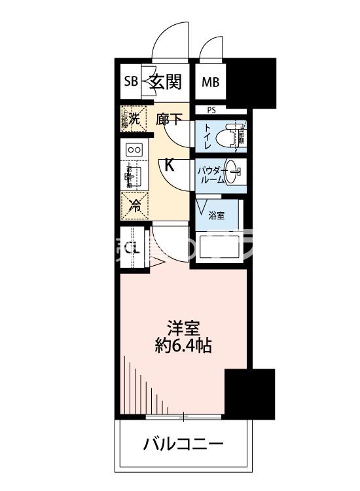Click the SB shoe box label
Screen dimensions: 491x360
[131, 82]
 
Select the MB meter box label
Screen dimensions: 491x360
[210, 82]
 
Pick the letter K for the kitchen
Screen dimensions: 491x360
[169, 165]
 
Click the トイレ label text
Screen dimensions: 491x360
[207, 136]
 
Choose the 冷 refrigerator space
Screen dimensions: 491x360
[134, 206]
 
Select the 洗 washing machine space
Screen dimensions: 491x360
[134, 119]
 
